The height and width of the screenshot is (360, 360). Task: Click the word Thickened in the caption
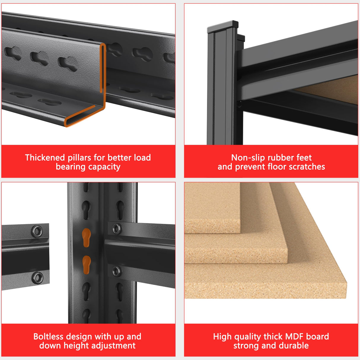point(45,157)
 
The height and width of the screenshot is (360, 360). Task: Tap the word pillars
point(79,158)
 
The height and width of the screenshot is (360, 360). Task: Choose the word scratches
point(307,166)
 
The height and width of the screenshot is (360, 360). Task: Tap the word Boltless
point(48,337)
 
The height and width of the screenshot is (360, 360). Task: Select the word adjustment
point(110,346)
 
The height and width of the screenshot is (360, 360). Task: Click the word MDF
point(294,337)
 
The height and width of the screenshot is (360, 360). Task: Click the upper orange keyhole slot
point(86,238)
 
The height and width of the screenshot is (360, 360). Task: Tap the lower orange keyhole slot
point(87,265)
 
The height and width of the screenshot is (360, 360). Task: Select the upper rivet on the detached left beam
point(37,231)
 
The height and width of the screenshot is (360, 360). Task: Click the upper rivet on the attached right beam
point(117,228)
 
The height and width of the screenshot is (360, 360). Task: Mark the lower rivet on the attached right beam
point(117,271)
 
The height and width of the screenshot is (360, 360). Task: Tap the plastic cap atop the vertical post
point(223,26)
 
